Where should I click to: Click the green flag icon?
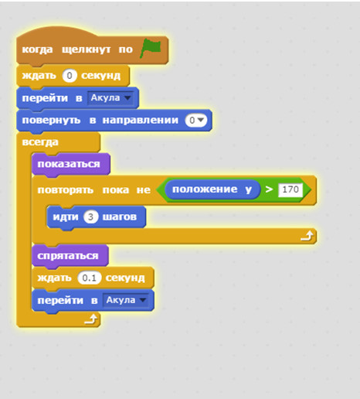point(151,48)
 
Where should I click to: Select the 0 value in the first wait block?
point(70,76)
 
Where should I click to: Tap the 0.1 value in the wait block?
point(89,278)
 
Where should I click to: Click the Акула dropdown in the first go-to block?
point(110,98)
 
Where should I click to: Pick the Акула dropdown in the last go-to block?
point(126,300)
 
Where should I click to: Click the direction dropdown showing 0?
point(196,120)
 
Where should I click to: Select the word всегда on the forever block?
point(40,142)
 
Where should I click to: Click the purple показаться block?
point(71,165)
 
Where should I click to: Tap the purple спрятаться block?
point(70,256)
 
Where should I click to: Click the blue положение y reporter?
point(212,189)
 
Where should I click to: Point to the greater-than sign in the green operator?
point(269,189)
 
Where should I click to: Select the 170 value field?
point(290,189)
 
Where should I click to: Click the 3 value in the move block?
point(90,217)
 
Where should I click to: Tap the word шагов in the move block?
point(120,217)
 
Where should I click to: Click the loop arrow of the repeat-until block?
point(307,236)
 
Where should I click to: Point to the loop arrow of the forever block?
point(91,319)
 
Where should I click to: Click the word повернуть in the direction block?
point(51,121)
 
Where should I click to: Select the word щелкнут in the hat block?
point(87,49)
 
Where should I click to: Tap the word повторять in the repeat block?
point(66,190)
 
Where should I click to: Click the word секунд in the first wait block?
point(100,76)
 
